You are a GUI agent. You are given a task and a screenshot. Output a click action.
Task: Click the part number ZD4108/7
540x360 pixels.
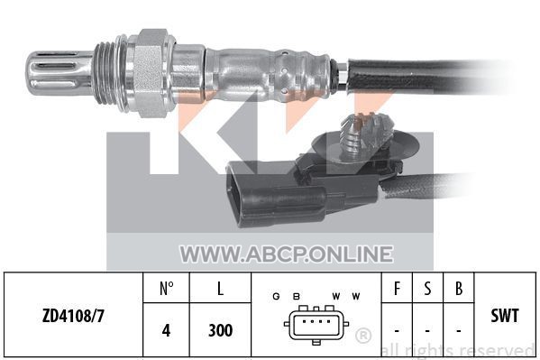pos(73,316)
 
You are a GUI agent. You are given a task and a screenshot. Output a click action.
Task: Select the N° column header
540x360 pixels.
pos(167,289)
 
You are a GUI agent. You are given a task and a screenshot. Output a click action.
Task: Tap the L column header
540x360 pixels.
pos(220,289)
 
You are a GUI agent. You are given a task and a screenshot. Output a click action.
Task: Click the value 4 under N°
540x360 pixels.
pos(167,330)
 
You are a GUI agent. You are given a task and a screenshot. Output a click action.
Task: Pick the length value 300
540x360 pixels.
pos(220,330)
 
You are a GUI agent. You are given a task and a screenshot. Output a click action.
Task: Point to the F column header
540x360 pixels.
pos(397,289)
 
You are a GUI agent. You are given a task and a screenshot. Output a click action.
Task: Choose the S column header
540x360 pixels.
pos(427,289)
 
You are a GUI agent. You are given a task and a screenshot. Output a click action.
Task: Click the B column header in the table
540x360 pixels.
pos(459,289)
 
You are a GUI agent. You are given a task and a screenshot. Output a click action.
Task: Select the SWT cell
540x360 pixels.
pos(505,316)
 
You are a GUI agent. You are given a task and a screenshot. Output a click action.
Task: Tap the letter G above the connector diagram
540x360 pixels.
pos(276,296)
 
